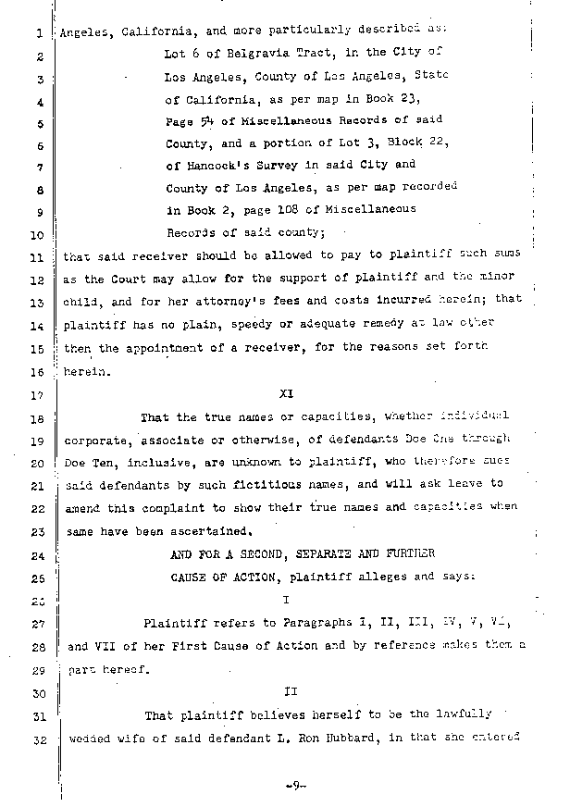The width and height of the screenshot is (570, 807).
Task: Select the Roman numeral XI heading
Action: pos(286,392)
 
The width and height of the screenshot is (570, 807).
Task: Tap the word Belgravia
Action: pos(235,56)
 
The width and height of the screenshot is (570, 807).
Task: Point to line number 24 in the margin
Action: pos(37,555)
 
